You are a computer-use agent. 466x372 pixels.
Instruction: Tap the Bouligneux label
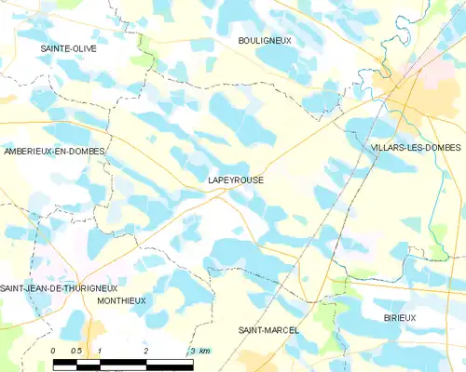[x=264, y=41]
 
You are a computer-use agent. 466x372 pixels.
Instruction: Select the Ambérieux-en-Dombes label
[x=54, y=150]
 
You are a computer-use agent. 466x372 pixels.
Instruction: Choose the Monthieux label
[x=121, y=300]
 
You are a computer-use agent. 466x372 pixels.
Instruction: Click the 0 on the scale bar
[x=54, y=350]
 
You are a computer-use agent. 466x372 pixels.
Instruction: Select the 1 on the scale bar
[x=100, y=350]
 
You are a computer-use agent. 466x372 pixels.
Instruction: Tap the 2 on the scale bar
[x=146, y=350]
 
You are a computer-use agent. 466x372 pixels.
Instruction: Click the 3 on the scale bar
[x=191, y=350]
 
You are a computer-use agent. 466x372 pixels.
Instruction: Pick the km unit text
[x=204, y=350]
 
